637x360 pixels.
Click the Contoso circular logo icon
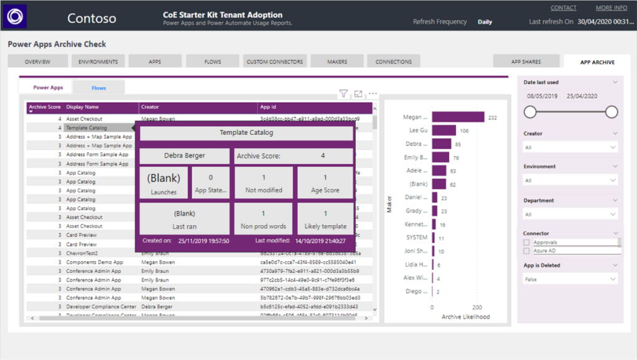(15, 16)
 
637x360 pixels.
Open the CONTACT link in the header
(563, 8)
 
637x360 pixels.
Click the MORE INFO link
(611, 8)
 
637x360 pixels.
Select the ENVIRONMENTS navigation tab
(98, 62)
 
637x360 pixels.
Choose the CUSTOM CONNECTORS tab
(274, 62)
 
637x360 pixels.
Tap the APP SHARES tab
(526, 62)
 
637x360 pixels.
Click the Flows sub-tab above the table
(98, 88)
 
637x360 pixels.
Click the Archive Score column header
(45, 107)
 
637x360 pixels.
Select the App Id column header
(269, 107)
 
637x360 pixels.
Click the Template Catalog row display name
(86, 127)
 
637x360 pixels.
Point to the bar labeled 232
(458, 117)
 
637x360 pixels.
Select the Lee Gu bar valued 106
(444, 131)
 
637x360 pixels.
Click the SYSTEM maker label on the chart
(416, 238)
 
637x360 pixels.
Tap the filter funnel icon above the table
(343, 94)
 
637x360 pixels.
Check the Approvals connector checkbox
(527, 242)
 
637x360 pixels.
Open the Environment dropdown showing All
(570, 180)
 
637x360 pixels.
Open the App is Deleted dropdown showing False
(570, 280)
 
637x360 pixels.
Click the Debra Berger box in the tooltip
(184, 155)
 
